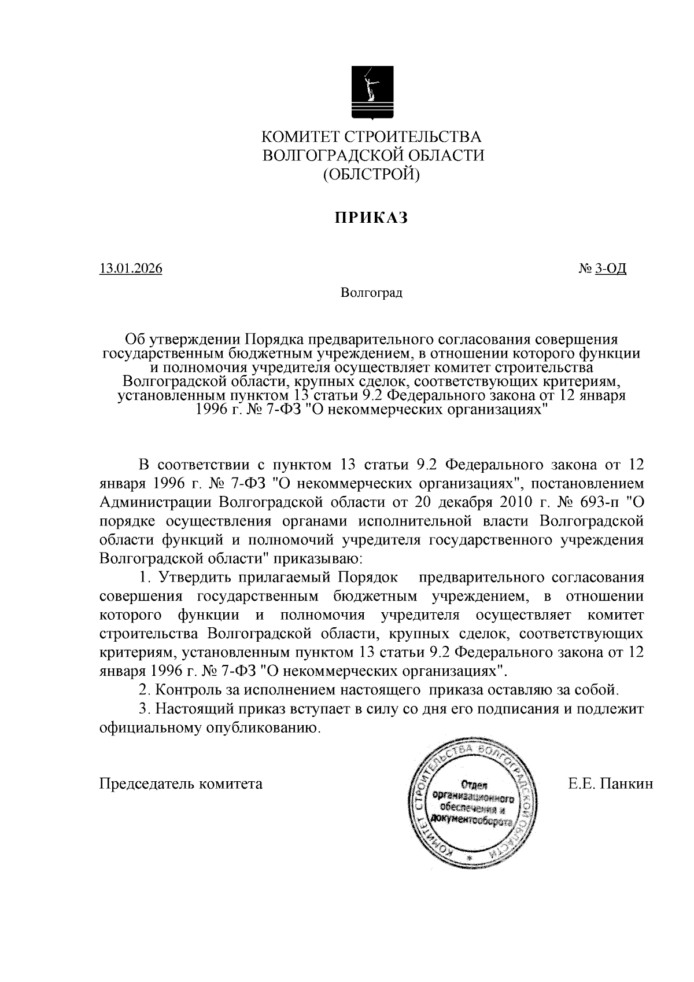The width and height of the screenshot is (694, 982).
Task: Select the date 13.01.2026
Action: click(x=131, y=269)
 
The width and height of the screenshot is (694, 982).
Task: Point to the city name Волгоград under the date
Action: click(x=371, y=293)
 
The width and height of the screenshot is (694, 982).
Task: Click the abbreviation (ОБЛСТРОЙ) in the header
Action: click(x=371, y=173)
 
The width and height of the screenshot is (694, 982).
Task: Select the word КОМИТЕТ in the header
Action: click(x=301, y=137)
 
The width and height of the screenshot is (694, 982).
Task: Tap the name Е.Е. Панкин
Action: click(x=611, y=784)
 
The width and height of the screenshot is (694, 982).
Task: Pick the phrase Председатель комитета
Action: click(x=181, y=784)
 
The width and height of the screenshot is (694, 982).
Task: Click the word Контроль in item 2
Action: click(x=188, y=690)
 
